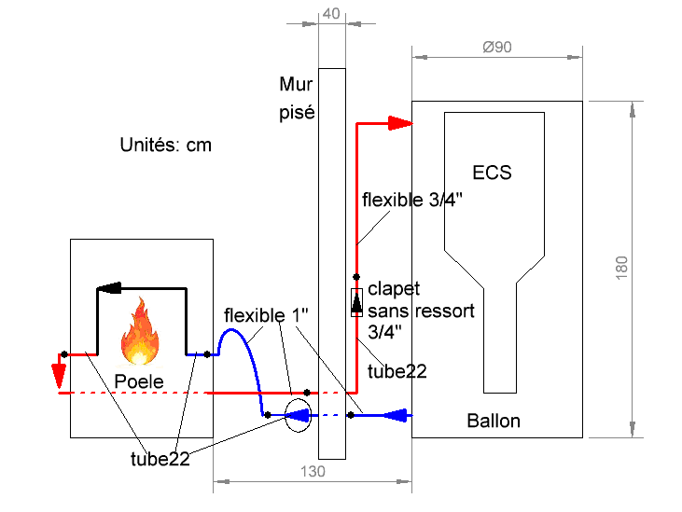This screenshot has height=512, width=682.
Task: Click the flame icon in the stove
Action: [x=139, y=332]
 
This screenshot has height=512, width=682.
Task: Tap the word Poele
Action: [x=139, y=381]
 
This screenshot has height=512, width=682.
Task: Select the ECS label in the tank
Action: [x=492, y=173]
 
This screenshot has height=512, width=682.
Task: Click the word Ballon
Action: [x=494, y=422]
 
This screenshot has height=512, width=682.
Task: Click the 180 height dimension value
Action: [x=622, y=268]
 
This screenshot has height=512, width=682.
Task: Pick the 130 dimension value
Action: [x=313, y=472]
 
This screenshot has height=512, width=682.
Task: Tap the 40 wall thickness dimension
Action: [x=330, y=13]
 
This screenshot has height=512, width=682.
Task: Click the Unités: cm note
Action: [x=166, y=145]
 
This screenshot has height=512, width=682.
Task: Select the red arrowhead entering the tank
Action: [x=400, y=122]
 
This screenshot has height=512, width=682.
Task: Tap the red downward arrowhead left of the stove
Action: [x=59, y=376]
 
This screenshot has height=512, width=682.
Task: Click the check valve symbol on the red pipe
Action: [x=356, y=302]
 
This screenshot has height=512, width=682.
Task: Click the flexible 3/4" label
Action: [x=411, y=200]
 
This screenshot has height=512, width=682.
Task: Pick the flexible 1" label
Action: [x=267, y=315]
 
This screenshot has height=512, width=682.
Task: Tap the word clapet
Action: [x=394, y=289]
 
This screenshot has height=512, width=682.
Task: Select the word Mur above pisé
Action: [x=293, y=85]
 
